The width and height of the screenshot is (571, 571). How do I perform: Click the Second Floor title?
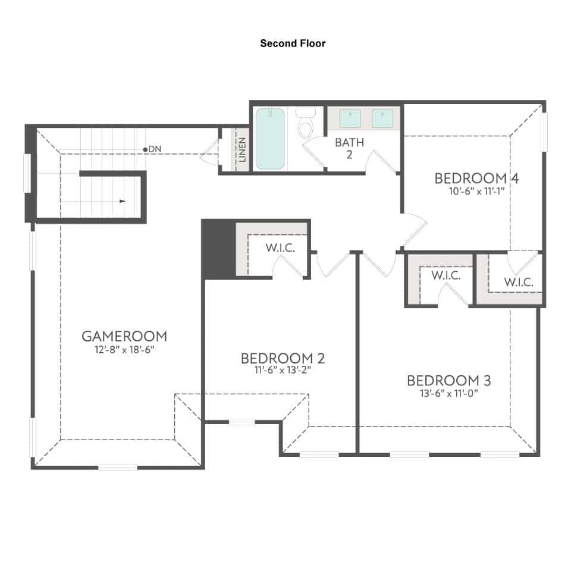click(293, 43)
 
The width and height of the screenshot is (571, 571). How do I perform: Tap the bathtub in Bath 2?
click(270, 139)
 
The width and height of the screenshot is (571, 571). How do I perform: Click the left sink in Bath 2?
click(350, 119)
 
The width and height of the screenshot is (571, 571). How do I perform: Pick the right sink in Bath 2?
click(382, 119)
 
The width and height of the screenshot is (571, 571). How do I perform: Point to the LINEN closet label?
click(242, 150)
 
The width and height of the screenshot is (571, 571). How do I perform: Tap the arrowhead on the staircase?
click(123, 201)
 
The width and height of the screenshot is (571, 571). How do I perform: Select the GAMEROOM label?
click(124, 336)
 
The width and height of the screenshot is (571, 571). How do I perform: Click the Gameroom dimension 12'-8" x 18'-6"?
click(124, 350)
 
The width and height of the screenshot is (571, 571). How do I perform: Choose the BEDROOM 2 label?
click(283, 358)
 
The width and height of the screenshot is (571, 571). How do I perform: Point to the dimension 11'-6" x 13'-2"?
click(283, 371)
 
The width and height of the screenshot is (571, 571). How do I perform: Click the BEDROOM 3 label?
click(449, 381)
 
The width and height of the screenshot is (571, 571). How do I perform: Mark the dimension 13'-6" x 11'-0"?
click(448, 393)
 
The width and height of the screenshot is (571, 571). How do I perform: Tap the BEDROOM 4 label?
click(476, 178)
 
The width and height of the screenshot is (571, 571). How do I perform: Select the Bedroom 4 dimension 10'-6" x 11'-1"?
click(476, 191)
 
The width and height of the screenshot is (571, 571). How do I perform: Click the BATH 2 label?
click(349, 148)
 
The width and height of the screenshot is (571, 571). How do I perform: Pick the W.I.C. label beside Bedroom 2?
click(280, 248)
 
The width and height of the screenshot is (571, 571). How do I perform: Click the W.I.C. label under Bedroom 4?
click(519, 282)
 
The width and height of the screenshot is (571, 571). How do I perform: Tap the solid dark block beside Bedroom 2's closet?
click(218, 249)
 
